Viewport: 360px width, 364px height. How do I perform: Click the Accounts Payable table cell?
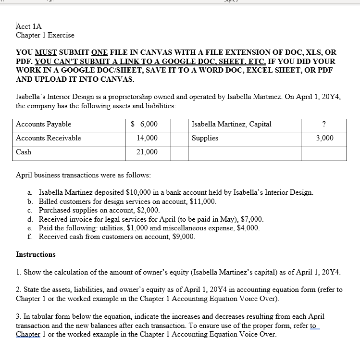[x=44, y=125]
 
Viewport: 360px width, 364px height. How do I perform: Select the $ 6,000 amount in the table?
[x=144, y=125]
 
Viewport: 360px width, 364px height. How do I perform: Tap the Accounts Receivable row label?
[x=49, y=138]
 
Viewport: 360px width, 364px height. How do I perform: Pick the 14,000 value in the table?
[x=147, y=138]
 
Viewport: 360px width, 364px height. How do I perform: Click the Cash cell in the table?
[x=24, y=152]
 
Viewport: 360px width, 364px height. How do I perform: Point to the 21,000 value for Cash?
[x=147, y=152]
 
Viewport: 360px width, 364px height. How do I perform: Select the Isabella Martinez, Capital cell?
[x=231, y=125]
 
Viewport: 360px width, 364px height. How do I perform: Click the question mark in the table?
[x=324, y=125]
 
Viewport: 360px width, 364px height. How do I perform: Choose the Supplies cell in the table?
[x=205, y=138]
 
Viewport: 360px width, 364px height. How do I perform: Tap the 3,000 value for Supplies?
[x=324, y=138]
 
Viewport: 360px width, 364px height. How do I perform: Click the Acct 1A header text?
[x=29, y=26]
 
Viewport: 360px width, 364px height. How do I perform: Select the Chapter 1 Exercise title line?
[x=45, y=35]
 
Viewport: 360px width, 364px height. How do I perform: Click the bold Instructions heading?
[x=36, y=254]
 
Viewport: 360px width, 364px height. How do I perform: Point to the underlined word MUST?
[x=46, y=52]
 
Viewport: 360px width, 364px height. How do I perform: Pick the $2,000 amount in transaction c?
[x=149, y=210]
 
